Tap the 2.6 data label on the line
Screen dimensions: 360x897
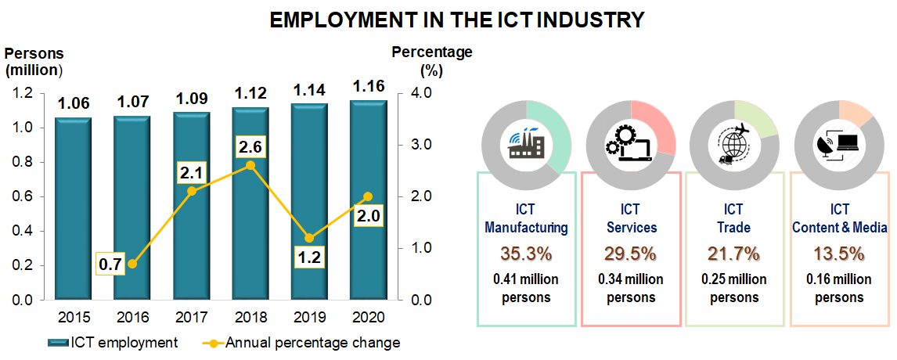(x=250, y=146)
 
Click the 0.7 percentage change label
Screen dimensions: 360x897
(x=110, y=264)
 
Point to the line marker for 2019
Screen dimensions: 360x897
(x=309, y=238)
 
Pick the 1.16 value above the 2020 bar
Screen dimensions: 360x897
(x=369, y=85)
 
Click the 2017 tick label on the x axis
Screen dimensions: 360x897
(x=191, y=318)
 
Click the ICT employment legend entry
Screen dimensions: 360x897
(x=113, y=343)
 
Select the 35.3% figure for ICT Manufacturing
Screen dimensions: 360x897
(x=526, y=254)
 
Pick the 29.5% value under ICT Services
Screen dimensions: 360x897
(x=630, y=254)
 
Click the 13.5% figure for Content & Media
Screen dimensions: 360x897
(x=839, y=254)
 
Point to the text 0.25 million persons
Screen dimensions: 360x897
(x=733, y=288)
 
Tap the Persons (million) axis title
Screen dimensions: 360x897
(x=34, y=62)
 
